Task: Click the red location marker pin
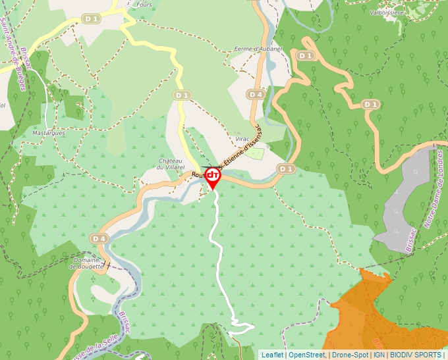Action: (x=213, y=176)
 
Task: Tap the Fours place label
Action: (x=144, y=5)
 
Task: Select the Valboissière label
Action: (x=387, y=12)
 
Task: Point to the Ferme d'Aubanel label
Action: (x=258, y=49)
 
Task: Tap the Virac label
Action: (x=242, y=140)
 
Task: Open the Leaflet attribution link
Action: (x=272, y=355)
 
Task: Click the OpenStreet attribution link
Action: (x=307, y=355)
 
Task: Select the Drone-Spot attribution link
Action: (x=350, y=355)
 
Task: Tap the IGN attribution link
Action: (x=379, y=355)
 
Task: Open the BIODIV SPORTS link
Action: (x=415, y=355)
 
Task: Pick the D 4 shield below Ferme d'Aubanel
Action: (x=256, y=95)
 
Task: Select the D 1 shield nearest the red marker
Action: (x=285, y=169)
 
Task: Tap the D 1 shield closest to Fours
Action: (x=92, y=19)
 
